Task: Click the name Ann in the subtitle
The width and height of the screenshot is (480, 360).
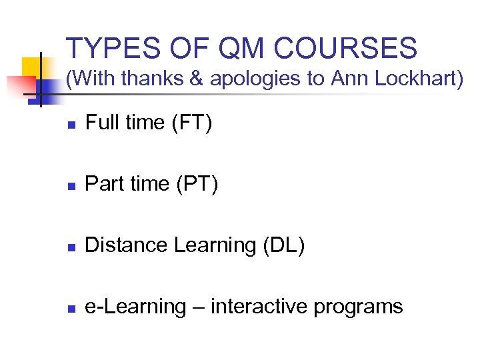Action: (343, 79)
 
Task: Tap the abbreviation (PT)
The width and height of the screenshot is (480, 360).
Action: (197, 185)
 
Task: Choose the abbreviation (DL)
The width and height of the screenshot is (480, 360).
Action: (284, 246)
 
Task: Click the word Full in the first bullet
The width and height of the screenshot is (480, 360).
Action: (102, 123)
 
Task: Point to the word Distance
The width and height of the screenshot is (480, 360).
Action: (127, 245)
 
